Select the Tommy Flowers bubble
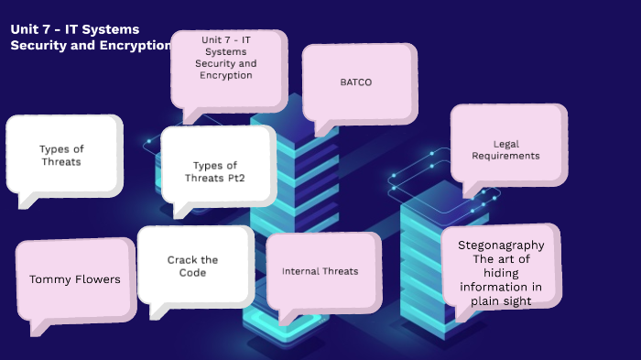(75, 279)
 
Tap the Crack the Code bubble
(193, 266)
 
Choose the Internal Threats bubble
(320, 271)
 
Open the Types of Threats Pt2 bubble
(219, 171)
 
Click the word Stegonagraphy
(501, 245)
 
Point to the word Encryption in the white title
(136, 46)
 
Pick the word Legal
(506, 144)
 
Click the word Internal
(300, 271)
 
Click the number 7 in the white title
(48, 29)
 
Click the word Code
(193, 273)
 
